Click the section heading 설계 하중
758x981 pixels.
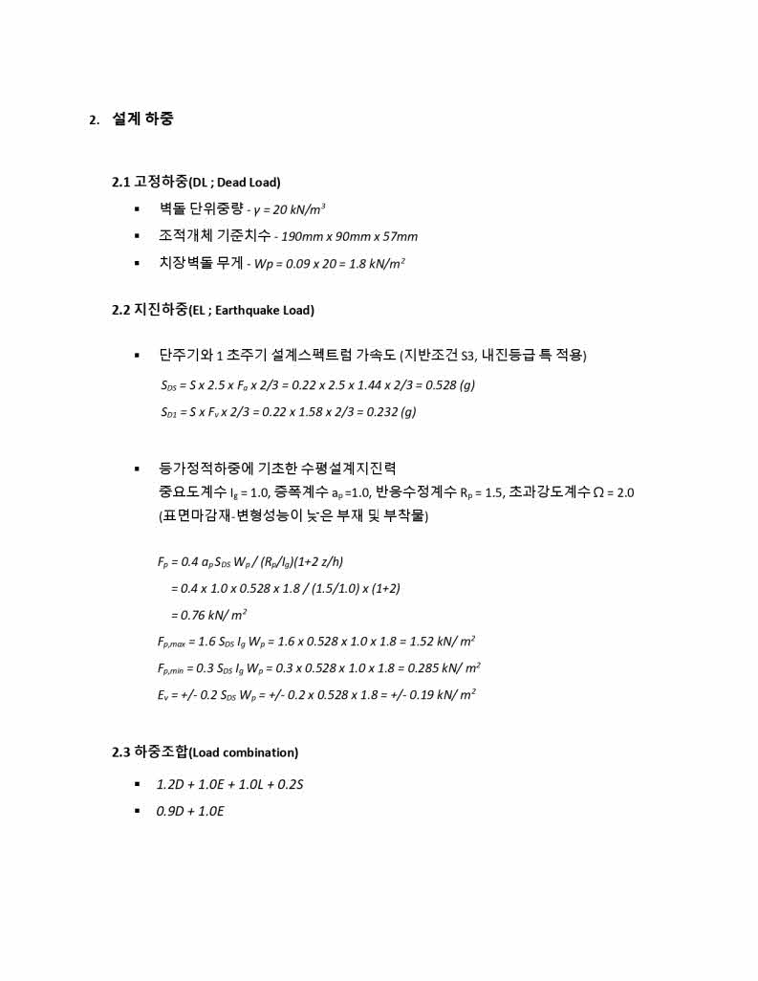[x=142, y=120]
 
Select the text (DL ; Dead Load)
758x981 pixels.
[x=234, y=183]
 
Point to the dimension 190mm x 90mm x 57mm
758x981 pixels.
[x=349, y=236]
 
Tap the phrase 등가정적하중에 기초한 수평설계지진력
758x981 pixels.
[x=278, y=469]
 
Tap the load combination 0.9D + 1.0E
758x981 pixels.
[x=190, y=812]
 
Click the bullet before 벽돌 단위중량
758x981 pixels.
[x=138, y=209]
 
